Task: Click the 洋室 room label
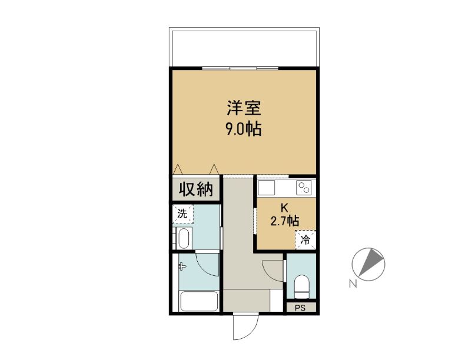(244, 108)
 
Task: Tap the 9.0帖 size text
(243, 129)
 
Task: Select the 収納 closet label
(196, 189)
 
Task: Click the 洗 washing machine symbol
(182, 214)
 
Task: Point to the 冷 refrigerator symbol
(305, 240)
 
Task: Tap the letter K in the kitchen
(284, 208)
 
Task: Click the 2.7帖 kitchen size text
(285, 221)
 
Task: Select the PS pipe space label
(300, 308)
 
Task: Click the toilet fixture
(301, 286)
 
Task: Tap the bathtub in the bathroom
(199, 301)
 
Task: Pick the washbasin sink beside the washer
(184, 238)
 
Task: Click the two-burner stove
(304, 188)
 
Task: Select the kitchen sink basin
(266, 188)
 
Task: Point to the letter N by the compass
(352, 284)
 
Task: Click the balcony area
(244, 48)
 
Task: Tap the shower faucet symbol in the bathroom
(182, 266)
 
